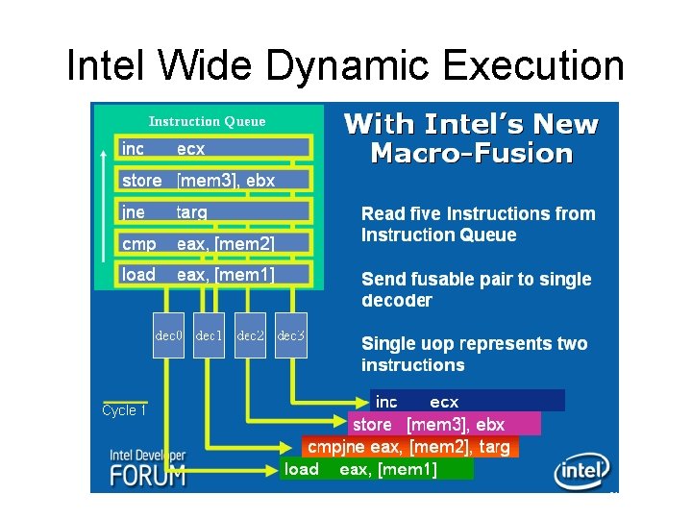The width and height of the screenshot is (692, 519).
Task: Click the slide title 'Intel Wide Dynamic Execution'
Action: pyautogui.click(x=345, y=65)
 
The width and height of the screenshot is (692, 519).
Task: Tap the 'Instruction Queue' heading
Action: pyautogui.click(x=207, y=121)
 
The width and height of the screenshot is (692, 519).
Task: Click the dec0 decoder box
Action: pyautogui.click(x=169, y=335)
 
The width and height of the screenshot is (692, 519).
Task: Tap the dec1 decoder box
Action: pyautogui.click(x=210, y=335)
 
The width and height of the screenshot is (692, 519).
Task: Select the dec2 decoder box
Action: pyautogui.click(x=250, y=335)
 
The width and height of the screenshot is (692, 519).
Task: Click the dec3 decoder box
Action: pyautogui.click(x=290, y=335)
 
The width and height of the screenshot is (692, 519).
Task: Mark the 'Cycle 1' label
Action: pyautogui.click(x=125, y=410)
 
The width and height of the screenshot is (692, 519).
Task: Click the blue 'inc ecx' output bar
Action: pyautogui.click(x=467, y=402)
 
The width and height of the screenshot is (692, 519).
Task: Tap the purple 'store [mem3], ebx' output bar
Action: pyautogui.click(x=444, y=424)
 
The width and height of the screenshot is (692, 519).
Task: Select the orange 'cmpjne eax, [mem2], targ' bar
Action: pyautogui.click(x=409, y=447)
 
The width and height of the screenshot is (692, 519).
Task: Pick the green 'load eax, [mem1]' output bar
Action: pyautogui.click(x=377, y=469)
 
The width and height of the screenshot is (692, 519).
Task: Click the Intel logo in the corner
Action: pyautogui.click(x=581, y=471)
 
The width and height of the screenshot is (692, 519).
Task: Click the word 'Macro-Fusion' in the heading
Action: pyautogui.click(x=471, y=154)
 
